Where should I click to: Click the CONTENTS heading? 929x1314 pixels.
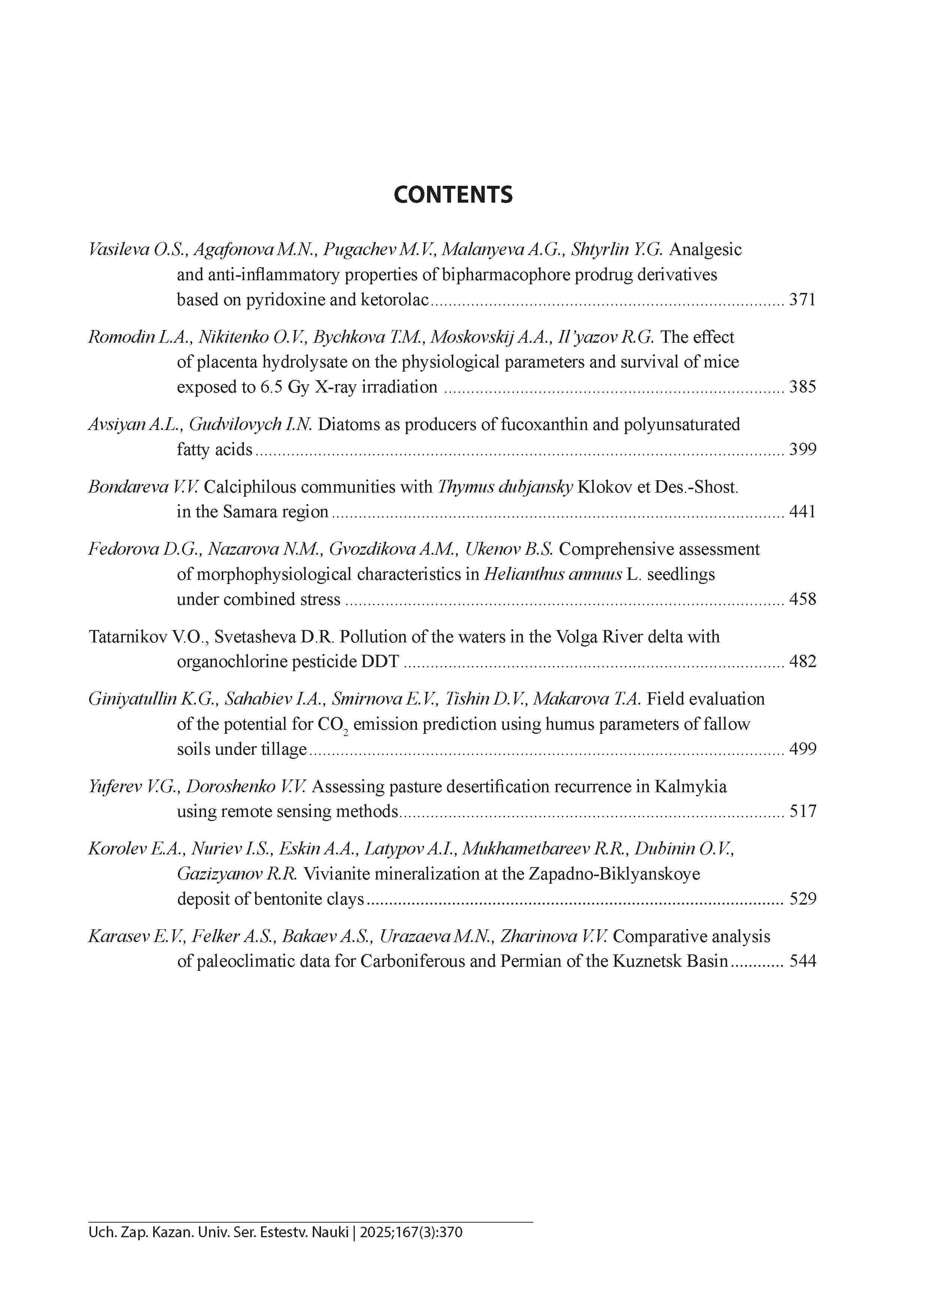(453, 195)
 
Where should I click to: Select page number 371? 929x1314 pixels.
(802, 300)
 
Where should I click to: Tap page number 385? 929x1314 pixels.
(802, 387)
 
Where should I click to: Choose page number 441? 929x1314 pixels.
(802, 512)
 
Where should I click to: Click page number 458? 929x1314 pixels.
(802, 600)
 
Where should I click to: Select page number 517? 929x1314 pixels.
(802, 812)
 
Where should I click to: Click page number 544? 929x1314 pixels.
(802, 962)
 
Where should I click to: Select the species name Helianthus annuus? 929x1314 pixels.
(553, 575)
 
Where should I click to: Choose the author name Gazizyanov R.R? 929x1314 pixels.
(236, 875)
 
